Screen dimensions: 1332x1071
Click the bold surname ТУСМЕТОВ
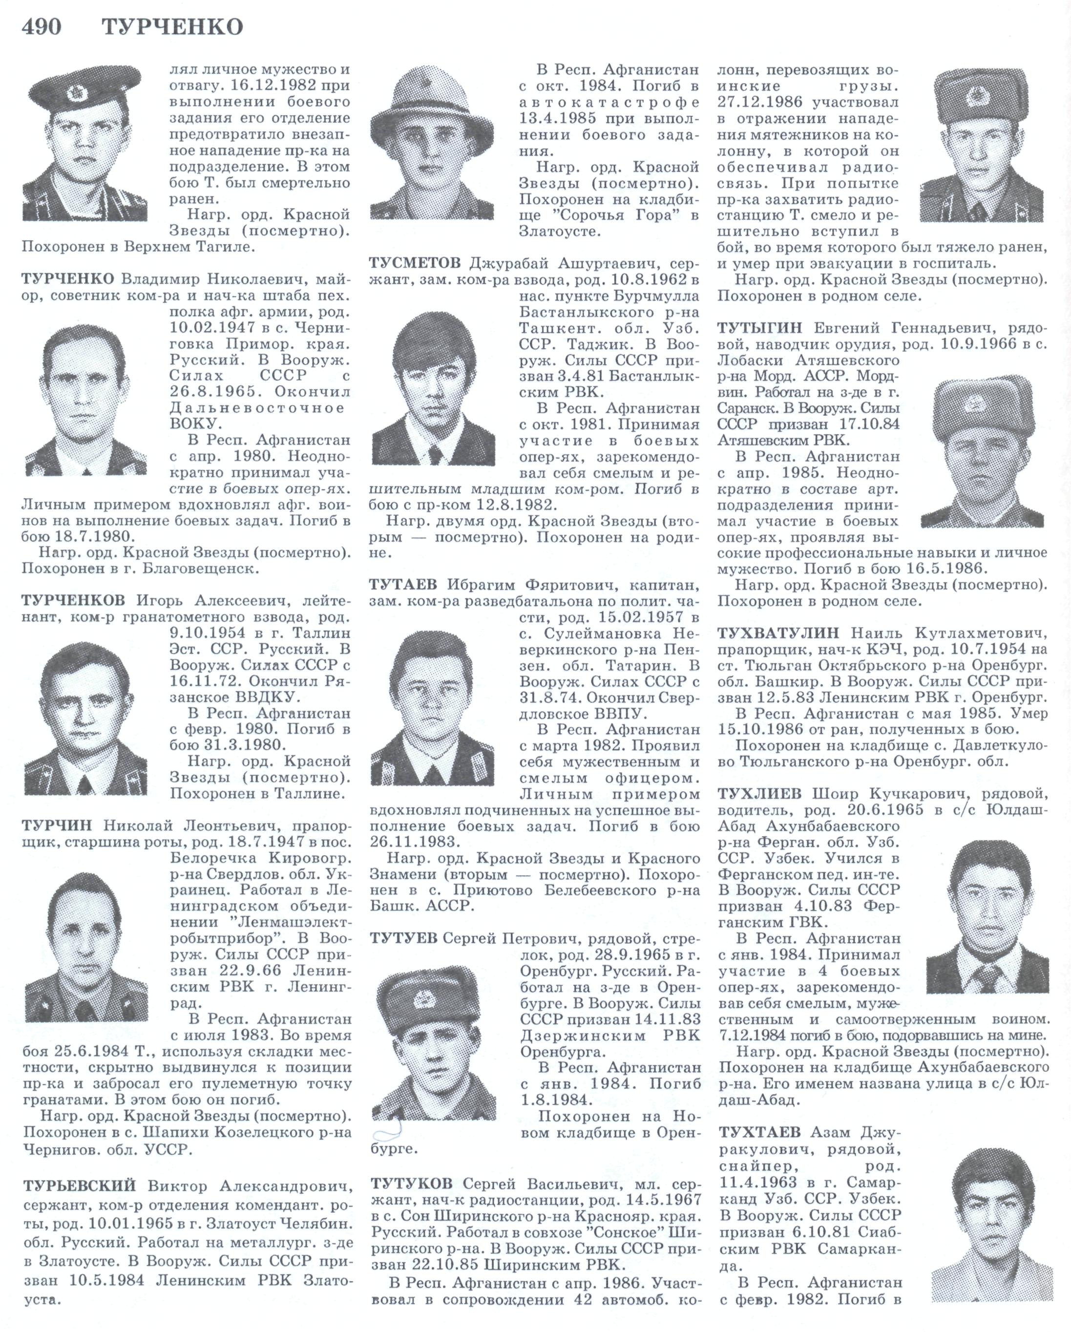[415, 264]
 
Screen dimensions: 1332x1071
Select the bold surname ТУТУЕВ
[404, 938]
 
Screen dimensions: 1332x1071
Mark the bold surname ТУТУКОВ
[412, 1183]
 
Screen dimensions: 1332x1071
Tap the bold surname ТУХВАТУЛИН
[778, 633]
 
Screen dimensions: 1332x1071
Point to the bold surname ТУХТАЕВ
[760, 1132]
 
